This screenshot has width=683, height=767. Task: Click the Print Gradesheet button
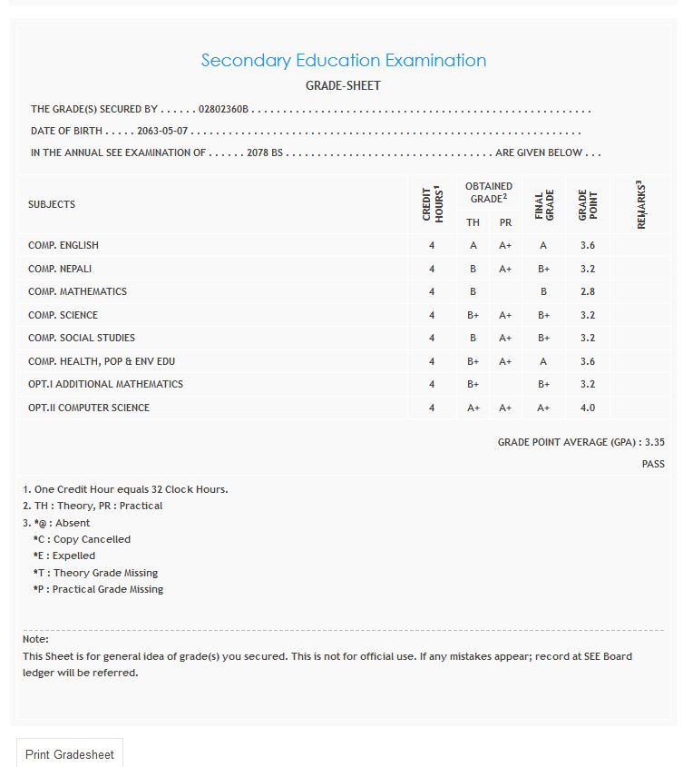point(70,754)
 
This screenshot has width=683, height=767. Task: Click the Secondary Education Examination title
point(343,61)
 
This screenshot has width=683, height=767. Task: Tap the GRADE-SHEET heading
point(343,85)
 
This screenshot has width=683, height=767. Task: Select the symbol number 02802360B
point(223,110)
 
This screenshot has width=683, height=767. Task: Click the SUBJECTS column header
point(52,204)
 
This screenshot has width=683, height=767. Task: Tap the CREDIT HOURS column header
point(432,204)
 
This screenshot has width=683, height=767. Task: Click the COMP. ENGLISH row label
point(63,245)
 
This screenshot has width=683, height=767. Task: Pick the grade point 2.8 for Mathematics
point(587,291)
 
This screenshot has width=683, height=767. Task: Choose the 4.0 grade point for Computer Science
point(587,408)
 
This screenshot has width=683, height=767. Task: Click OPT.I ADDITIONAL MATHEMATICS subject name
point(105,384)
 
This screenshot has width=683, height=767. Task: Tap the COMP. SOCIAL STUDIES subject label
point(82,338)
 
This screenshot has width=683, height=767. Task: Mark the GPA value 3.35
point(654,442)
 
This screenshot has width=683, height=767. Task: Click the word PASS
point(653,464)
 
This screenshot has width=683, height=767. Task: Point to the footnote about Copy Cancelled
point(82,539)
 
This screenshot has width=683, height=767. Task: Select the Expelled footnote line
point(64,556)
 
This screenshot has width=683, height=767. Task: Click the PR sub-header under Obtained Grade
point(505,222)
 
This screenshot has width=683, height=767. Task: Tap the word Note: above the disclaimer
point(35,639)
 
